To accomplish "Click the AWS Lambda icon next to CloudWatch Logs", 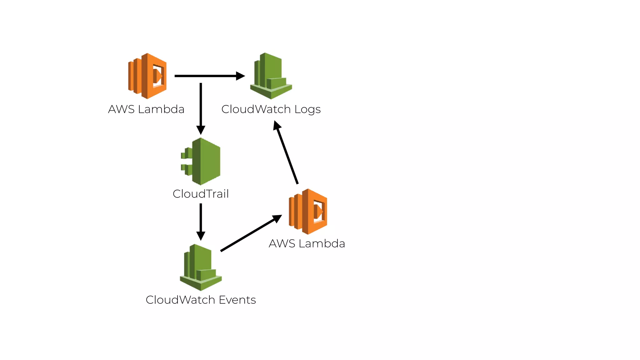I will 147,76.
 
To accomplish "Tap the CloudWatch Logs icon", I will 271,76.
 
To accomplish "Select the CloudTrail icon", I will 201,162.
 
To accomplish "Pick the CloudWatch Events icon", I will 201,267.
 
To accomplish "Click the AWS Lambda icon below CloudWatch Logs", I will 308,212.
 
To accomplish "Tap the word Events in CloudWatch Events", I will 237,300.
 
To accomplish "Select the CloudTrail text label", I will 201,194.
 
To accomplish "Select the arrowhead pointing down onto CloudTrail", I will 201,130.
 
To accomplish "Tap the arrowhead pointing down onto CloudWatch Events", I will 201,236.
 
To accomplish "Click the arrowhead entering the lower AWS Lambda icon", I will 277,218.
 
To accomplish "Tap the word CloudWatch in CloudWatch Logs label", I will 256,109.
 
